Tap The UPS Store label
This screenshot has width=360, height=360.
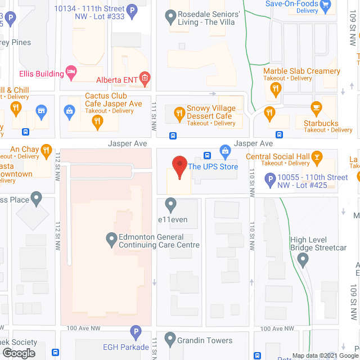213,166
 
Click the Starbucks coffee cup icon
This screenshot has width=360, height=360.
316,106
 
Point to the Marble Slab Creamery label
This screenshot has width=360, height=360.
301,71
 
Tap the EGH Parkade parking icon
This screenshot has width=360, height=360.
135,332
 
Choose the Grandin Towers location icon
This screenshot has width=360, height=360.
170,339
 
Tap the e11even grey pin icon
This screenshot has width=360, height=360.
170,204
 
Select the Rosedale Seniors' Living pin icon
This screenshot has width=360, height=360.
170,18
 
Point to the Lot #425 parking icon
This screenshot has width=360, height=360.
269,180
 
